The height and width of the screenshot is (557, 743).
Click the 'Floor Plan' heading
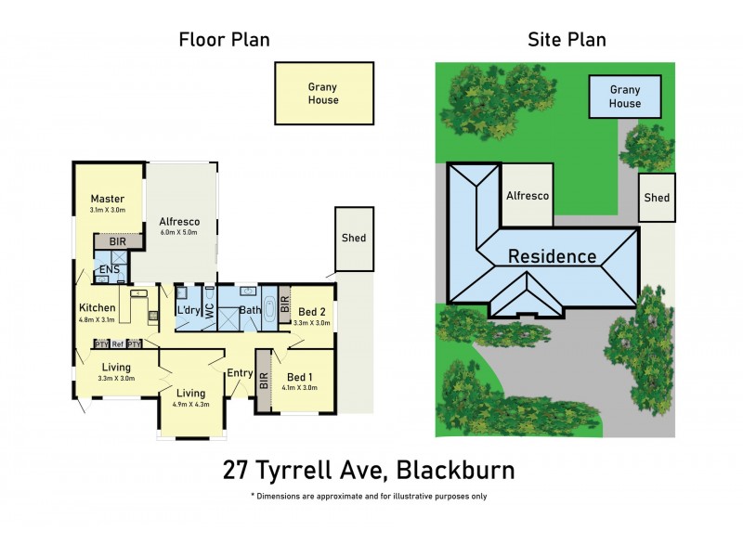[x=224, y=40]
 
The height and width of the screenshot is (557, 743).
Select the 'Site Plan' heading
[x=567, y=40]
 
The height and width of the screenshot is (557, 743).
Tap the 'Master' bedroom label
[x=108, y=199]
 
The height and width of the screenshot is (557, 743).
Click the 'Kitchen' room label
[x=97, y=308]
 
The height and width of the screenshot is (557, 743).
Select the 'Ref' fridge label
[x=117, y=343]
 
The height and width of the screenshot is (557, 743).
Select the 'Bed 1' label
[x=299, y=376]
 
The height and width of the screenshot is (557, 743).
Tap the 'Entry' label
[x=240, y=372]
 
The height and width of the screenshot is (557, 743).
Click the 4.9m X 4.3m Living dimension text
[x=192, y=405]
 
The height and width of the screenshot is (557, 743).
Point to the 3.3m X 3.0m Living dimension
[x=116, y=378]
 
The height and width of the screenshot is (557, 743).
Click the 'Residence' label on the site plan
[x=552, y=256]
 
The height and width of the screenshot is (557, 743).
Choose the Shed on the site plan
[x=657, y=198]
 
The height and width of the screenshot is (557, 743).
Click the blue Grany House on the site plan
[x=625, y=97]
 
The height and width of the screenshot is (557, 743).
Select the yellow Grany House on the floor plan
[x=323, y=93]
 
